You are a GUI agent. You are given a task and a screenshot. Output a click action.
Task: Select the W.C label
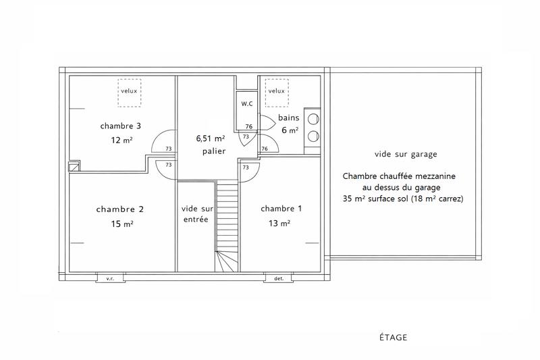coord(247,103)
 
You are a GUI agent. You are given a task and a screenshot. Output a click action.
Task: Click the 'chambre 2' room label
coord(120,209)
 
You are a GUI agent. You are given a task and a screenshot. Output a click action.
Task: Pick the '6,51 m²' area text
coord(211,138)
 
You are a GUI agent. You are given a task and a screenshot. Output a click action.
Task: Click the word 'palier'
coord(214,151)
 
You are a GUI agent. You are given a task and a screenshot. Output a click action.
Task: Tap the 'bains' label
coord(288,118)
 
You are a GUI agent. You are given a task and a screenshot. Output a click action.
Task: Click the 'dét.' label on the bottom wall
coord(279,278)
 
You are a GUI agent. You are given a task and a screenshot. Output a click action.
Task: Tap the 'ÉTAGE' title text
coord(393,336)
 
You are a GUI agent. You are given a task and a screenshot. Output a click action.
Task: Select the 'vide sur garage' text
coord(404,154)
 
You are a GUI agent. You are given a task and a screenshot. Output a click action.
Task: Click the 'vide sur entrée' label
coord(196,214)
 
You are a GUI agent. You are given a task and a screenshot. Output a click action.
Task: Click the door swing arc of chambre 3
coord(162,143)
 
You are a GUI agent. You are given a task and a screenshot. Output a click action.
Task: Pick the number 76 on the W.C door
coord(249,126)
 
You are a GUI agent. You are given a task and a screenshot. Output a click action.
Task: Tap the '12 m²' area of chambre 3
coord(122,140)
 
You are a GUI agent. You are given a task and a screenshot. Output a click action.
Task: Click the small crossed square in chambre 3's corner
coord(74,165)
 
